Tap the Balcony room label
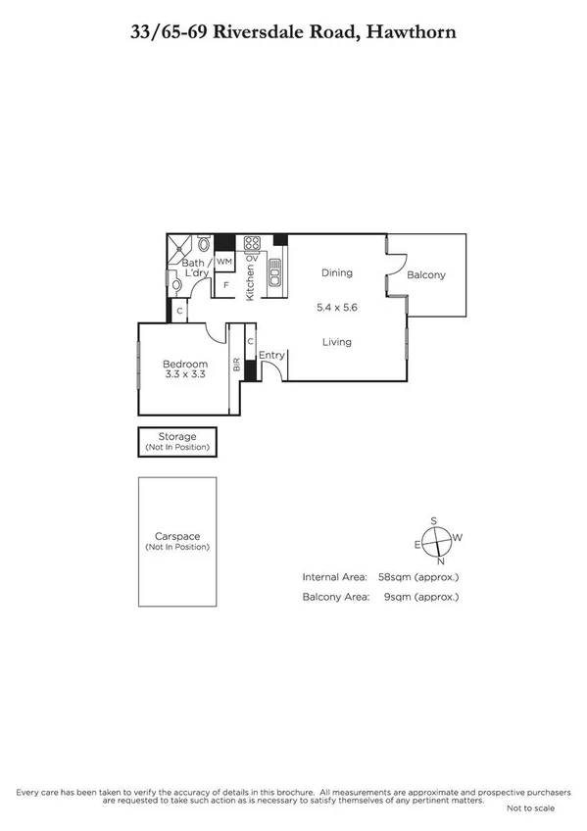(426, 275)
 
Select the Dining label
(336, 272)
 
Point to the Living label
(336, 342)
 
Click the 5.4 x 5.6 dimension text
(336, 307)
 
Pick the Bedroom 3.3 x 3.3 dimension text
(185, 376)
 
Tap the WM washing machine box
(224, 262)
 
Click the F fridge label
(225, 285)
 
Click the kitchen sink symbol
(274, 271)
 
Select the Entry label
(271, 355)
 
